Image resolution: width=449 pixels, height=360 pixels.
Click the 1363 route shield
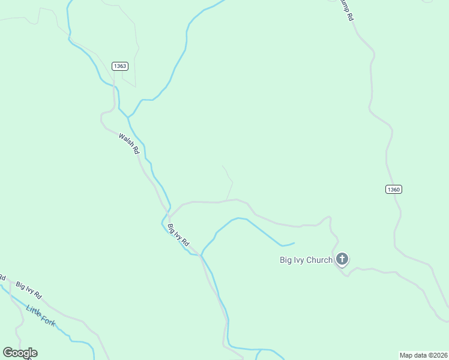tap(119, 66)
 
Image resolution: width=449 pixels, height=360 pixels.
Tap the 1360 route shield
tap(393, 190)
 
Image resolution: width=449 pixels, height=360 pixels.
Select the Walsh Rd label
tap(129, 144)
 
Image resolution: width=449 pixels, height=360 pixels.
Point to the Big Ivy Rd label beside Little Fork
tap(29, 290)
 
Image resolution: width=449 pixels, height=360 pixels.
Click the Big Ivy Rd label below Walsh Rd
tap(178, 235)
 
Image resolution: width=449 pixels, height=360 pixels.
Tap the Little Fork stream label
tap(41, 315)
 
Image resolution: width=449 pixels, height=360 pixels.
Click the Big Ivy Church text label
tap(306, 260)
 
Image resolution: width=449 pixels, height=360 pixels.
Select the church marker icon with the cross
tap(342, 259)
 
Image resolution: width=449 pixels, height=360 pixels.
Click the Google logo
tap(20, 353)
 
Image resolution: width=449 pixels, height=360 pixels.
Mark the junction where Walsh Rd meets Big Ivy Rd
tap(169, 217)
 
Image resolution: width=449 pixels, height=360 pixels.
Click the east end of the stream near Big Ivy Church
tap(294, 243)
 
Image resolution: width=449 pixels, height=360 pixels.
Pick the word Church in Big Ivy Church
tap(319, 260)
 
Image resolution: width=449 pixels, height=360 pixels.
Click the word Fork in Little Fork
tap(48, 320)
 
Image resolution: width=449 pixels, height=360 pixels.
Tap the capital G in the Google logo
tap(8, 352)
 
